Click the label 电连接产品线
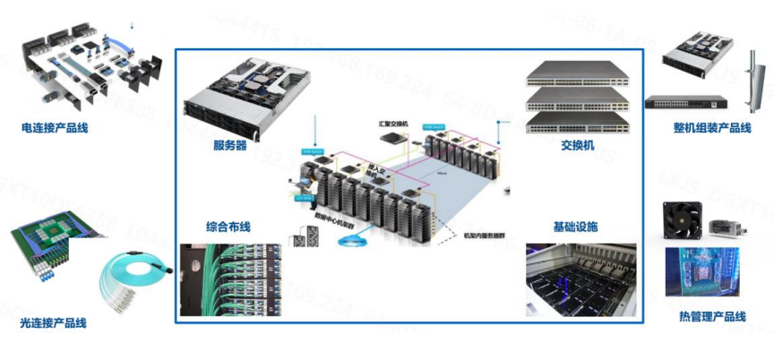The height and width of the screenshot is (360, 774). coord(55,128)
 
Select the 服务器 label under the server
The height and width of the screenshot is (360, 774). coord(230,145)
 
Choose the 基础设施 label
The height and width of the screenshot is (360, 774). coord(576,227)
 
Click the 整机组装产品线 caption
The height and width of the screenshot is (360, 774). coord(712,128)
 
